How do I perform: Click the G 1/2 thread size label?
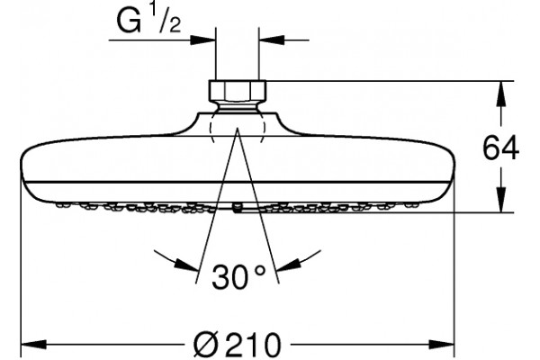pos(148,21)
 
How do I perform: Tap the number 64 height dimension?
pos(500,148)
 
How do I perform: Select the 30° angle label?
pos(238,276)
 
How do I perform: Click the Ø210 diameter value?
pos(237,344)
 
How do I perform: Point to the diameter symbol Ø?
pos(206,344)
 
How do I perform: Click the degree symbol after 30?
pos(260,270)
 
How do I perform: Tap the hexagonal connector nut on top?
pos(238,90)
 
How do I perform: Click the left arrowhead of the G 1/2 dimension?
pos(202,40)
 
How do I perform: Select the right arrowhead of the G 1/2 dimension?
pos(272,40)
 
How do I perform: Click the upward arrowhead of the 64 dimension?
pos(501,94)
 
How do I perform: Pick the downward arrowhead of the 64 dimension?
pos(501,200)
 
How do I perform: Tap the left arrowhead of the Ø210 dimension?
pos(34,344)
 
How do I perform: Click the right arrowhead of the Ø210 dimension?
pos(442,344)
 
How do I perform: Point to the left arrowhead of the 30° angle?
pos(187,265)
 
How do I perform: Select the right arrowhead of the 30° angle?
pos(289,265)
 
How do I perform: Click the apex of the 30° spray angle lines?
pos(238,128)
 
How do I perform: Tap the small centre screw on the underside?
pos(238,208)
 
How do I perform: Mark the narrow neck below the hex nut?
pos(238,106)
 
